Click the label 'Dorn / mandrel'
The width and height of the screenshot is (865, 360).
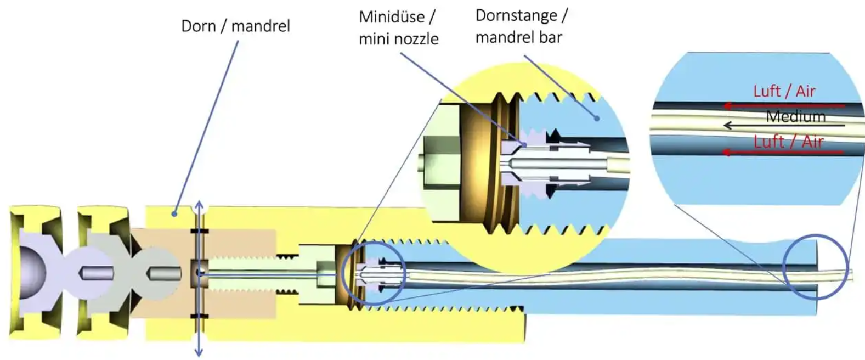tap(235, 26)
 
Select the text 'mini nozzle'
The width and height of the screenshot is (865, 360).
tap(398, 39)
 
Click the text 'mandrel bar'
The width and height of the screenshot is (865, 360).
tap(518, 37)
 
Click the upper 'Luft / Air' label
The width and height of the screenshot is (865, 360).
tap(784, 91)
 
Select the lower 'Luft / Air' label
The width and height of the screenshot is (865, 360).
tap(788, 142)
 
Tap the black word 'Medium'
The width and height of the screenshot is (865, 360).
tap(795, 116)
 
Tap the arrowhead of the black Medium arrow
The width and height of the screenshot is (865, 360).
tap(727, 126)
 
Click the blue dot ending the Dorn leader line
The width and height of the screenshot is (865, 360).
tap(174, 213)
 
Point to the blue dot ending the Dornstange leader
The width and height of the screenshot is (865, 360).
tap(596, 118)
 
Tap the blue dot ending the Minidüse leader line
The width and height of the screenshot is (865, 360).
tap(525, 144)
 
